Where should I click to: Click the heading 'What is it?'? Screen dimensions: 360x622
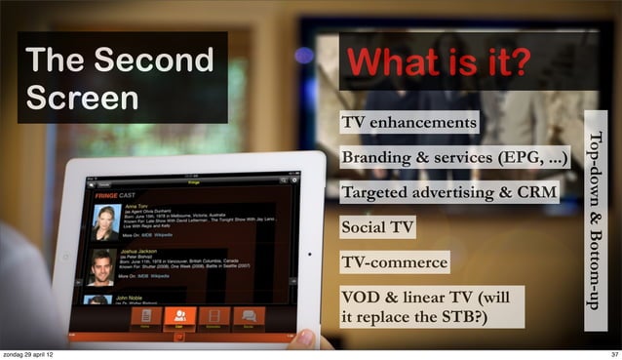438,63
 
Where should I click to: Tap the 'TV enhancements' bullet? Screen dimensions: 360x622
408,123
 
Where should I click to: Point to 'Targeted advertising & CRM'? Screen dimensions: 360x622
447,192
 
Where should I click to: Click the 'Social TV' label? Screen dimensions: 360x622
376,228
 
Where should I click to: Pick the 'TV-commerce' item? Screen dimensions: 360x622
393,262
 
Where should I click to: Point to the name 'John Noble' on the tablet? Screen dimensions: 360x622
135,297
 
